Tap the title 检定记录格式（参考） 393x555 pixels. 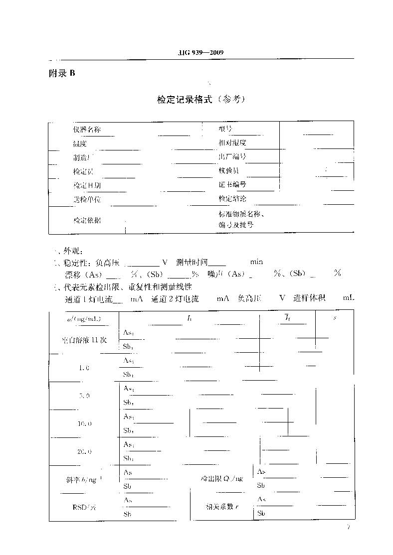pyautogui.click(x=201, y=100)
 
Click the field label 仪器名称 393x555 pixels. pyautogui.click(x=87, y=130)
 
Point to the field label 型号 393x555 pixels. pyautogui.click(x=225, y=129)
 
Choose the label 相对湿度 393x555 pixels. pyautogui.click(x=232, y=143)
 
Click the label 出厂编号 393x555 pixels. pyautogui.click(x=232, y=157)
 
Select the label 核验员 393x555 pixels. pyautogui.click(x=228, y=171)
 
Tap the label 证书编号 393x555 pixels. pyautogui.click(x=232, y=185)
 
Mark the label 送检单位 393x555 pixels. pyautogui.click(x=87, y=199)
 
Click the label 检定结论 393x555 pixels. pyautogui.click(x=232, y=199)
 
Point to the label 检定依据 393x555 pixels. pyautogui.click(x=87, y=220)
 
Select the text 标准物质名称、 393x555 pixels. pyautogui.click(x=241, y=214)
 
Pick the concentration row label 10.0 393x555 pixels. pyautogui.click(x=84, y=424)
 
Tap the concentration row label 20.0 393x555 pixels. pyautogui.click(x=84, y=452)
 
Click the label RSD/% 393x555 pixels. pyautogui.click(x=83, y=507)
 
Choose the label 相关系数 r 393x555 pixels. pyautogui.click(x=222, y=507)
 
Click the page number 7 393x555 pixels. pyautogui.click(x=349, y=528)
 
